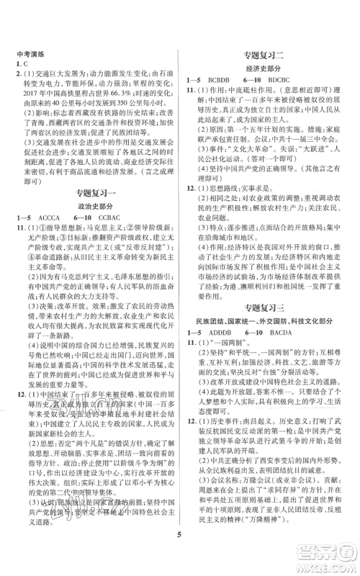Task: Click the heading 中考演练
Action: click(34, 52)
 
